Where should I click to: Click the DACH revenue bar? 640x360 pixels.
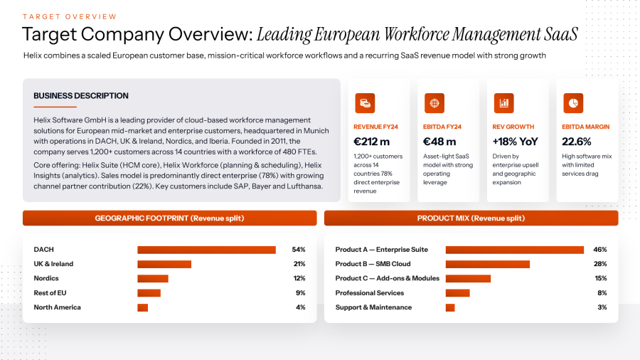[206, 250]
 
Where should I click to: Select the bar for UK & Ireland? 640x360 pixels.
[164, 264]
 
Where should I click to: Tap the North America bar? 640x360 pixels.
[142, 307]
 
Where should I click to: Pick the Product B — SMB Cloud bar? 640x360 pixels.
[488, 264]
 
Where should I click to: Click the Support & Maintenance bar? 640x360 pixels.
[450, 307]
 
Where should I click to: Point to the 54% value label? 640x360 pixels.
[299, 250]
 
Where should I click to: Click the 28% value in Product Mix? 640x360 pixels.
[600, 264]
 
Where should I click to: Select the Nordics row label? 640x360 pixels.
[46, 278]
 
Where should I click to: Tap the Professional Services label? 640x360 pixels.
[369, 292]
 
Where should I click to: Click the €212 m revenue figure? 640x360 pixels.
[371, 142]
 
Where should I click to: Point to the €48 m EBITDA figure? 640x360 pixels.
[439, 142]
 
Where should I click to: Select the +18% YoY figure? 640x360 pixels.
[515, 142]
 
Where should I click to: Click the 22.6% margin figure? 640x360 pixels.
[576, 142]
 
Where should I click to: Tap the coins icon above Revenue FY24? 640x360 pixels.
[365, 103]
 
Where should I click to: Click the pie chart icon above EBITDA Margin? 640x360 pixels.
[573, 103]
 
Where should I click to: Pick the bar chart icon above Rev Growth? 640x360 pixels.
[503, 103]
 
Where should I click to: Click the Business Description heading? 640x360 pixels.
[81, 95]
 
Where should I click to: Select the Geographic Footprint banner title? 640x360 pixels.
[169, 218]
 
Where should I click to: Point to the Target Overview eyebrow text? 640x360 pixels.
[70, 17]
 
